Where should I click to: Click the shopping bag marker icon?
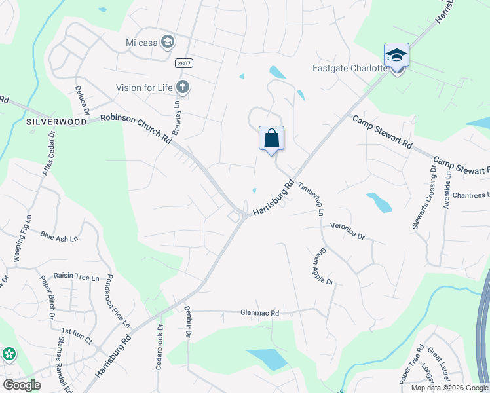pyautogui.click(x=271, y=138)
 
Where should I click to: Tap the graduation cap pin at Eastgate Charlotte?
pyautogui.click(x=396, y=56)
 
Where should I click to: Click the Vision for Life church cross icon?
pyautogui.click(x=183, y=87)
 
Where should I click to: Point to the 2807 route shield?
pyautogui.click(x=184, y=63)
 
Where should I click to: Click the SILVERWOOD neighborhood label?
pyautogui.click(x=56, y=122)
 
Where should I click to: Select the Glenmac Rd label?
pyautogui.click(x=259, y=314)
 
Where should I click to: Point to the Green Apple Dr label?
pyautogui.click(x=324, y=265)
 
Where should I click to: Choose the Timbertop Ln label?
pyautogui.click(x=312, y=198)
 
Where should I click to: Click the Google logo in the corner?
pyautogui.click(x=22, y=385)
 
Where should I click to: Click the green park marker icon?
pyautogui.click(x=9, y=354)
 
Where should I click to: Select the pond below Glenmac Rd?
pyautogui.click(x=267, y=359)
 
